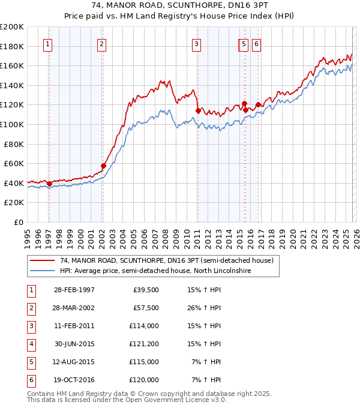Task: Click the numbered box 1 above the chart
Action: pyautogui.click(x=47, y=43)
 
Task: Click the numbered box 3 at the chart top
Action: pyautogui.click(x=196, y=43)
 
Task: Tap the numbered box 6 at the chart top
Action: pyautogui.click(x=256, y=43)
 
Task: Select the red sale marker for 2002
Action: pyautogui.click(x=103, y=166)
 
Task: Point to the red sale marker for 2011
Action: pyautogui.click(x=198, y=110)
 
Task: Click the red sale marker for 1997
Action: pyautogui.click(x=49, y=184)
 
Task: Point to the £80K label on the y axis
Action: pyautogui.click(x=14, y=144)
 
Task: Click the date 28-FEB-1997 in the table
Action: pyautogui.click(x=74, y=290)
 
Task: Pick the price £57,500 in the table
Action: pyautogui.click(x=146, y=308)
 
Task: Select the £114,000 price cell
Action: pyautogui.click(x=144, y=326)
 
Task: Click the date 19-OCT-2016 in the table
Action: pyautogui.click(x=74, y=380)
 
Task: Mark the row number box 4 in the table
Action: pyautogui.click(x=30, y=344)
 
